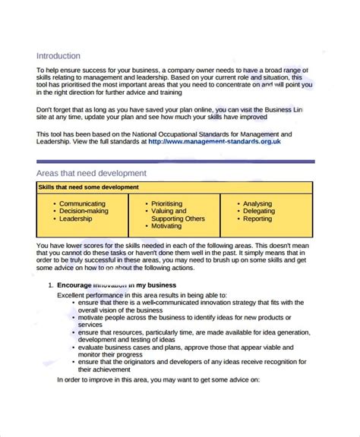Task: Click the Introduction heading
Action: [x=58, y=55]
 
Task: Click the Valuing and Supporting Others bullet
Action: [x=178, y=215]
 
